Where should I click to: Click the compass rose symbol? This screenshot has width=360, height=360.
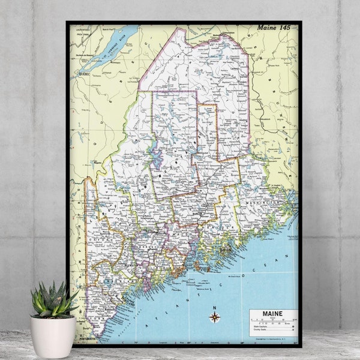[214, 317]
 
